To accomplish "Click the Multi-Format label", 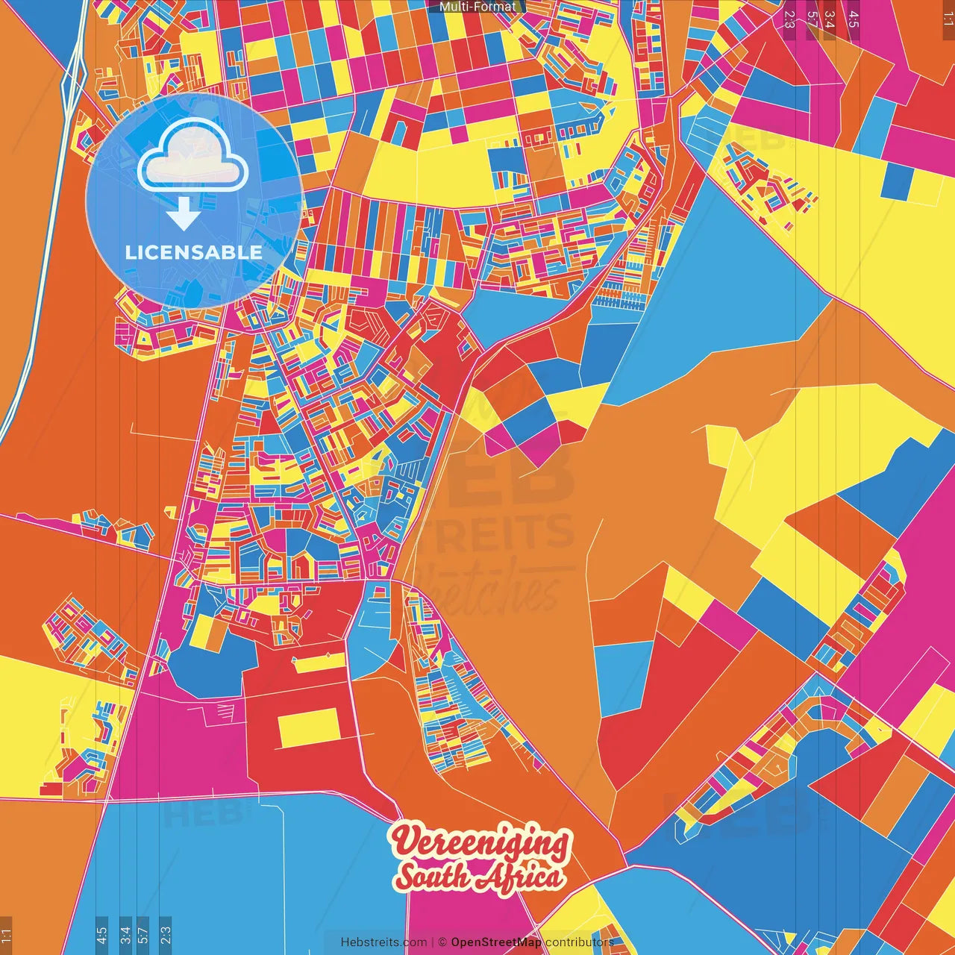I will point(477,7).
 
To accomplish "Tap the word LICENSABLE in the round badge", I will point(194,252).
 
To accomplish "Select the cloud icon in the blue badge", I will point(192,157).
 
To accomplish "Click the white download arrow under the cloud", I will point(184,213).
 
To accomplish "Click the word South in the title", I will point(432,875).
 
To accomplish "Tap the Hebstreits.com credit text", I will point(383,942).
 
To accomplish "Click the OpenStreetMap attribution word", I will point(496,942).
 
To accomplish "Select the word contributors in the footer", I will point(580,942).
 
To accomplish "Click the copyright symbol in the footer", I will point(442,942).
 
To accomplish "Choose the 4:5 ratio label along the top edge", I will point(854,19).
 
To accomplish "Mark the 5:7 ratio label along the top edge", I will point(812,19).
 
